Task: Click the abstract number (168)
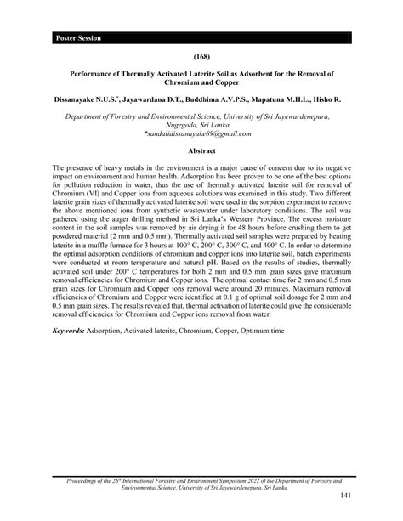(x=201, y=57)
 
